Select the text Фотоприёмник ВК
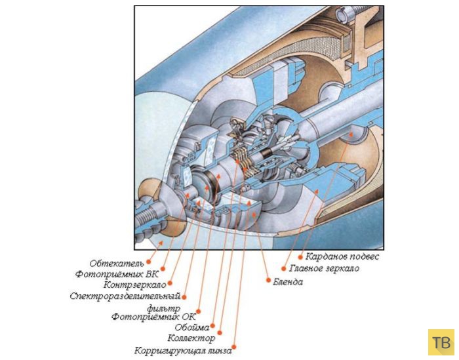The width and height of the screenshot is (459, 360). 117,274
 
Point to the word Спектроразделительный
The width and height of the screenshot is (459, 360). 124,296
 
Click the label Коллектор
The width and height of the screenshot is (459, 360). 191,338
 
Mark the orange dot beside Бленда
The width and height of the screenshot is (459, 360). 268,280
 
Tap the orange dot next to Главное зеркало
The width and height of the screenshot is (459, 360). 283,268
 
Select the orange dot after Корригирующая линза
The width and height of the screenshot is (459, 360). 235,348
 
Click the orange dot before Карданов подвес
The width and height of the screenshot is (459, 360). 300,256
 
